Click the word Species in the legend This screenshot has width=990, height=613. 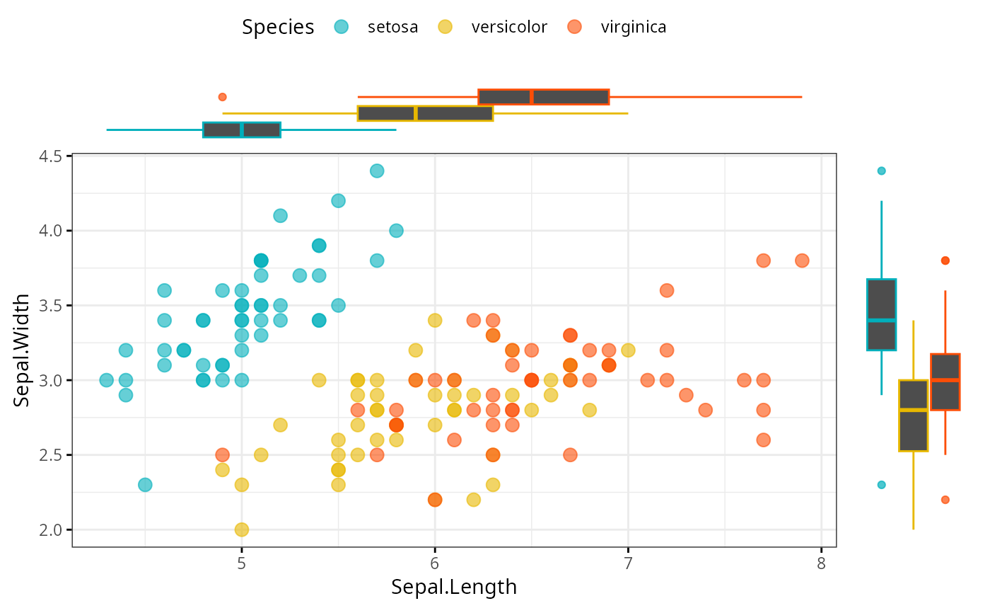[278, 28]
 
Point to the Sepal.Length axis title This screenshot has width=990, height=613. [454, 588]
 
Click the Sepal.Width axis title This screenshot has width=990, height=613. [23, 350]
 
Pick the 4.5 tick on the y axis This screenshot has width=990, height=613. [49, 156]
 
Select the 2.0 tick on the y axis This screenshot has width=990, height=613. [49, 529]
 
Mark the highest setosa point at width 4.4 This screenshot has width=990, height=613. [377, 171]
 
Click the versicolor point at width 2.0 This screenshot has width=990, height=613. [242, 529]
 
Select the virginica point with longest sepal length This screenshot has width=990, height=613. [802, 260]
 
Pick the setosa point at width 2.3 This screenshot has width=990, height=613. [145, 485]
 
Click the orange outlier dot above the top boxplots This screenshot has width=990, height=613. [222, 97]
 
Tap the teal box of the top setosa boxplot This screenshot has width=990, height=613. [242, 130]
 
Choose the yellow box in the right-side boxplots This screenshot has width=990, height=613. [913, 416]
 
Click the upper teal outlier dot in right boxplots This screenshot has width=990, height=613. [881, 171]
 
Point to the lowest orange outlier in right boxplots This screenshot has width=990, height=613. [945, 500]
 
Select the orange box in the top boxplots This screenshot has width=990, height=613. [544, 97]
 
